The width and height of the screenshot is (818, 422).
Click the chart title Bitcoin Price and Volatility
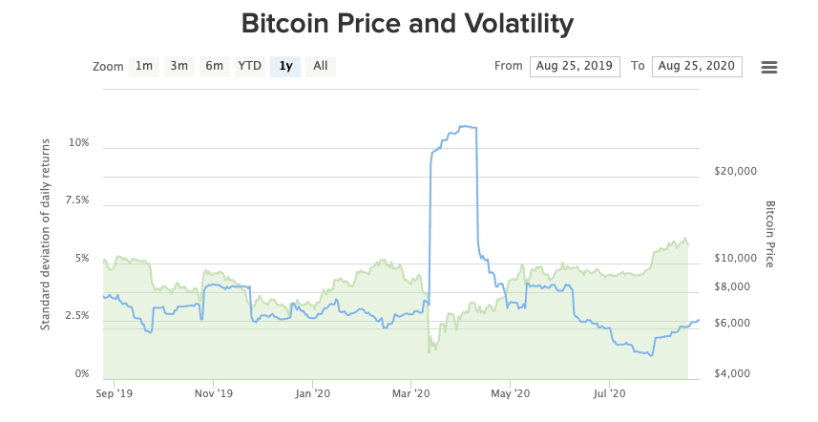click(408, 23)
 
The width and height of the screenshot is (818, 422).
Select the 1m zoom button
click(144, 66)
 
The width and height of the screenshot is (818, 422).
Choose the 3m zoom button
click(178, 66)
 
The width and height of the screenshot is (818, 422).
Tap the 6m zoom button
click(214, 66)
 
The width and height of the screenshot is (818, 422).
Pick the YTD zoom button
click(249, 66)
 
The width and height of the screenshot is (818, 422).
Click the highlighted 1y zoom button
click(285, 66)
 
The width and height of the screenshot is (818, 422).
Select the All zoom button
click(321, 66)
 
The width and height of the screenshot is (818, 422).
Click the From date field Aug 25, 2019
click(575, 66)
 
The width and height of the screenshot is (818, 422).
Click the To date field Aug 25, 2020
click(697, 66)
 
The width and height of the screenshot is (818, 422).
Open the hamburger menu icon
click(769, 67)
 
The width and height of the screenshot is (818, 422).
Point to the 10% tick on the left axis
click(78, 143)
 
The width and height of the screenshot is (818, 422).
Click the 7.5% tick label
click(75, 200)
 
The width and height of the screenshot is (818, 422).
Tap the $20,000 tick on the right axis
click(736, 172)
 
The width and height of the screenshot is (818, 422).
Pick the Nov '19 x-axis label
click(214, 392)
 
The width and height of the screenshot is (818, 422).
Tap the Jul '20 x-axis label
click(610, 392)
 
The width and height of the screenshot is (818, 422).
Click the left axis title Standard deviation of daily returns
click(45, 234)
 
